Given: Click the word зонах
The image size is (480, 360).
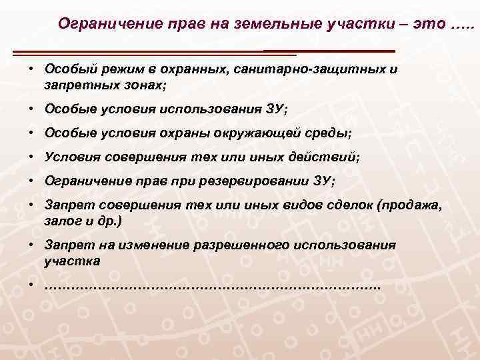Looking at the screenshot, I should click(142, 86).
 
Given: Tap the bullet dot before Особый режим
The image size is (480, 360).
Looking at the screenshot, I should click(31, 69).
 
